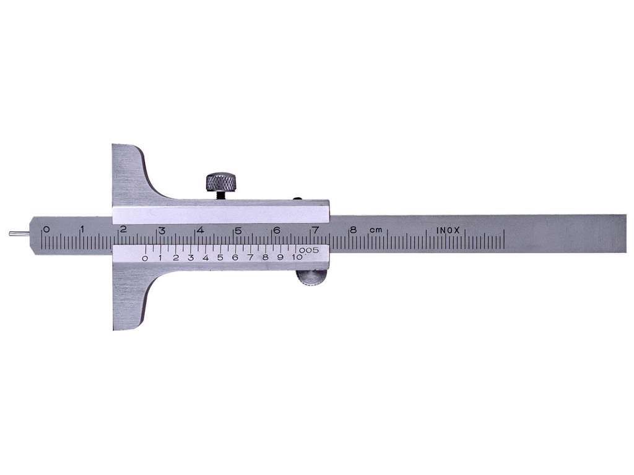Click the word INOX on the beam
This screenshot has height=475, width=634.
click(448, 230)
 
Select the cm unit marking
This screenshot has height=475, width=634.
click(375, 230)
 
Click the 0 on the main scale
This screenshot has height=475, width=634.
click(46, 229)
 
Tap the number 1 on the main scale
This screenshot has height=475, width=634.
click(83, 229)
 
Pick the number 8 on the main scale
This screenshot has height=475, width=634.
click(353, 230)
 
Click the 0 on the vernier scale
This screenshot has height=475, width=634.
click(145, 259)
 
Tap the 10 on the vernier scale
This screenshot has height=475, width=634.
click(297, 257)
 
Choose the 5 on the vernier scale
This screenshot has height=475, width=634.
click(220, 258)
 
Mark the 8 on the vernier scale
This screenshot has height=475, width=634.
click(265, 257)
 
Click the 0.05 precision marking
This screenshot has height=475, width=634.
click(309, 250)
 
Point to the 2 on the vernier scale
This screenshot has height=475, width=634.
click(175, 258)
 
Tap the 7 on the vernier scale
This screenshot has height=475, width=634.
click(250, 257)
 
